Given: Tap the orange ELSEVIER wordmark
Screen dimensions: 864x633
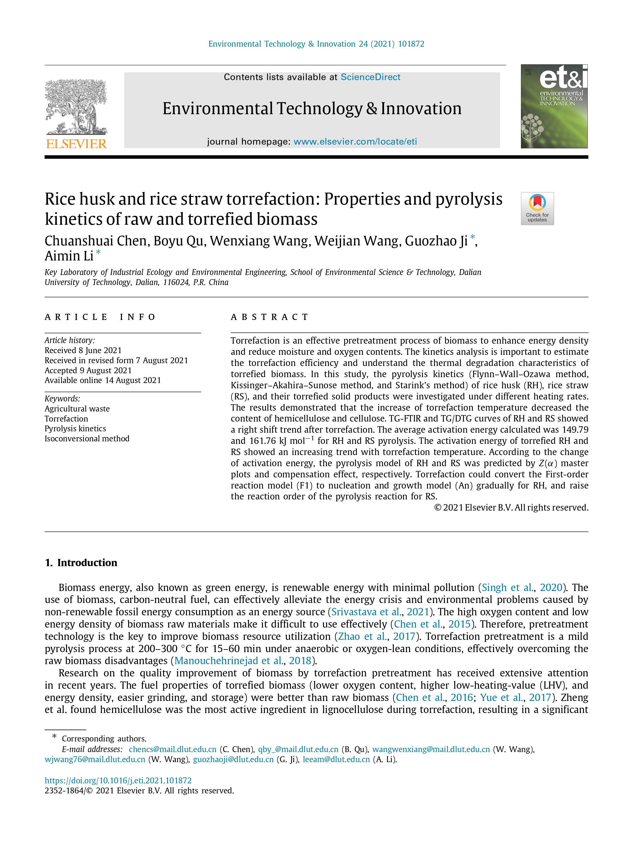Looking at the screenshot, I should [76, 144].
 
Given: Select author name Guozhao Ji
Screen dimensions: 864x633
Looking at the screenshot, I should [436, 241].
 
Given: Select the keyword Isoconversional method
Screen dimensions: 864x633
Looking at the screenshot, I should [87, 439].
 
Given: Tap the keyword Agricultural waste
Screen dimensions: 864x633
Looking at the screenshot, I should [77, 409].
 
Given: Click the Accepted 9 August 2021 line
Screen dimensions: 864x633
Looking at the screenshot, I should [88, 370].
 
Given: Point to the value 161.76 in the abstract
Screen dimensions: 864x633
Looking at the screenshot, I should [262, 441].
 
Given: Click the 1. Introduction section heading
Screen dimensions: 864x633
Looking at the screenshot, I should [81, 563].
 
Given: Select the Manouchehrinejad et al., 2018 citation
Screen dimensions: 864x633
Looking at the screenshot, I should [243, 660].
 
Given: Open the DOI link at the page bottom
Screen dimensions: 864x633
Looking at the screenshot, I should [118, 781].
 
